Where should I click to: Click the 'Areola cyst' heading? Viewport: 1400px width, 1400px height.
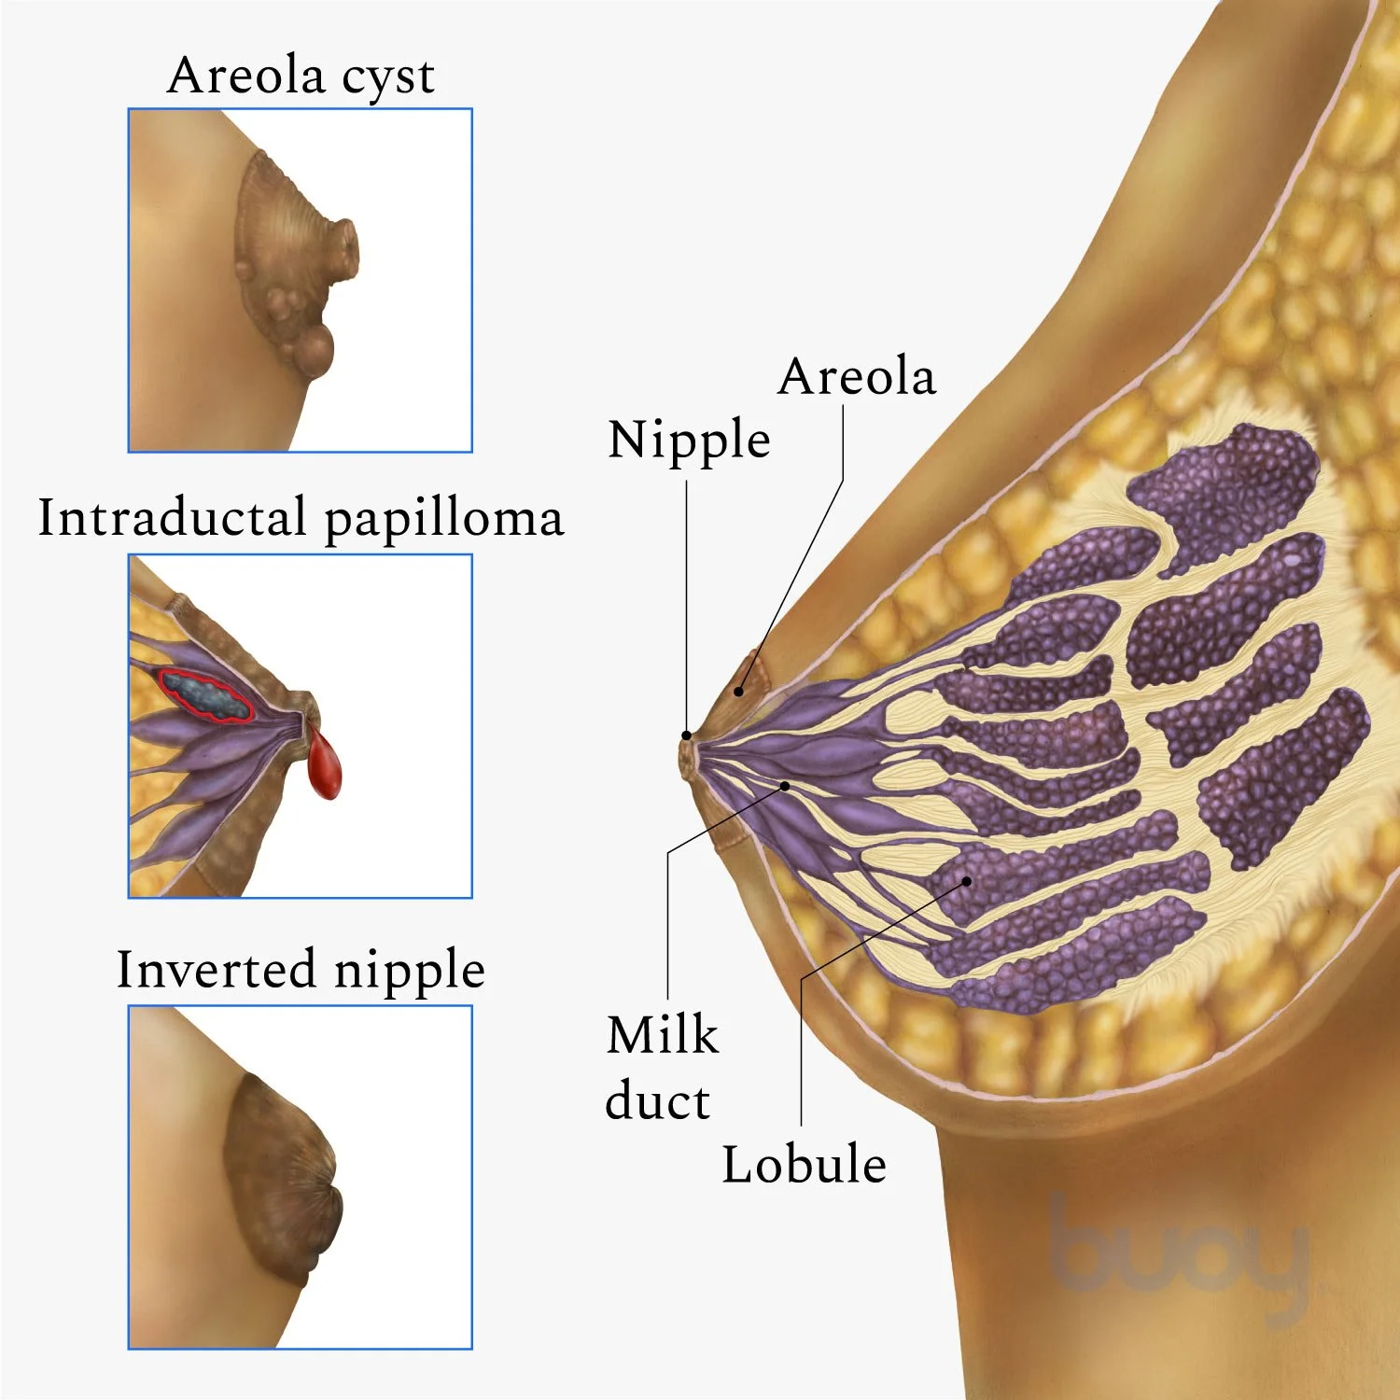pyautogui.click(x=301, y=77)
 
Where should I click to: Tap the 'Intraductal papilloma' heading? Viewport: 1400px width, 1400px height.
pyautogui.click(x=301, y=518)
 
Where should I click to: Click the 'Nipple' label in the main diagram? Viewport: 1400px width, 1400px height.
pyautogui.click(x=689, y=439)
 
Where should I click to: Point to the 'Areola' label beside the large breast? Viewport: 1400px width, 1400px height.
pyautogui.click(x=856, y=376)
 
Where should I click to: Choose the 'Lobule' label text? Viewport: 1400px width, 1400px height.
pyautogui.click(x=804, y=1164)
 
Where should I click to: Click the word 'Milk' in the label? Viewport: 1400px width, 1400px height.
pyautogui.click(x=662, y=1034)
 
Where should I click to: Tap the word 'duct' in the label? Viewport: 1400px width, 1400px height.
pyautogui.click(x=657, y=1101)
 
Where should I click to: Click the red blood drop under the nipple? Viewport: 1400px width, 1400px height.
pyautogui.click(x=325, y=766)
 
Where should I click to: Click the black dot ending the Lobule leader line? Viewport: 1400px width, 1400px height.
pyautogui.click(x=967, y=880)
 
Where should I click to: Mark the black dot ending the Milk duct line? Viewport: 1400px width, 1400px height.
pyautogui.click(x=785, y=786)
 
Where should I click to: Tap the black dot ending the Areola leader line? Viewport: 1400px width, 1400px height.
pyautogui.click(x=738, y=692)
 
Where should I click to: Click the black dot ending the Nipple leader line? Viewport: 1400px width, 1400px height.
pyautogui.click(x=687, y=735)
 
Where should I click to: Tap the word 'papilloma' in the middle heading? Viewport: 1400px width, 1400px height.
pyautogui.click(x=443, y=520)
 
